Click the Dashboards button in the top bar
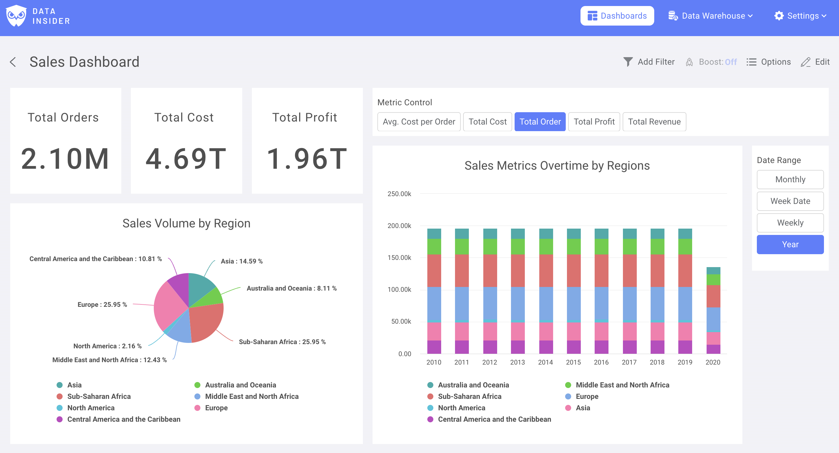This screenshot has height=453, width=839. (x=617, y=16)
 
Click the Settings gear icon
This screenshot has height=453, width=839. (x=779, y=16)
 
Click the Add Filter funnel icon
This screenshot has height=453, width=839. (x=628, y=62)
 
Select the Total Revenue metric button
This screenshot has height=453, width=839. (x=654, y=122)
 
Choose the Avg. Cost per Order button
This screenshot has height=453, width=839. (x=419, y=122)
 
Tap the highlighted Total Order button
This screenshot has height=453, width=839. (x=540, y=122)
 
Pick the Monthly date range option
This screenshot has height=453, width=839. (x=790, y=180)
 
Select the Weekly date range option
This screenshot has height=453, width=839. (x=790, y=223)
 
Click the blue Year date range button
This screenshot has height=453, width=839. (x=790, y=245)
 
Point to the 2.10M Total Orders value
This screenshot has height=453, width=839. (x=65, y=159)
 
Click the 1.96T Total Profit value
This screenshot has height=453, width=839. (x=307, y=159)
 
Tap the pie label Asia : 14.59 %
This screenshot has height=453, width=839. (x=241, y=261)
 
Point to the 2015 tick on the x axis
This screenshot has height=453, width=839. (x=573, y=362)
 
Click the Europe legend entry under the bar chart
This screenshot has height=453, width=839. (x=587, y=396)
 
